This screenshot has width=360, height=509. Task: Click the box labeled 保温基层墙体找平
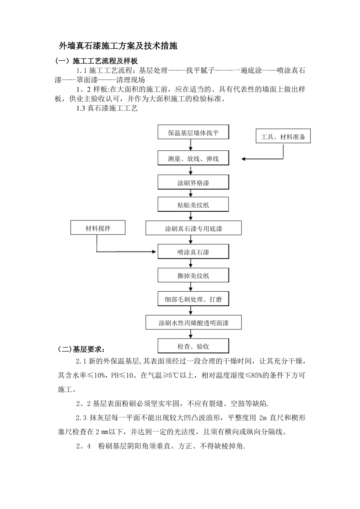[x=193, y=133]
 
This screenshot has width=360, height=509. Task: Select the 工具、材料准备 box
[x=283, y=137]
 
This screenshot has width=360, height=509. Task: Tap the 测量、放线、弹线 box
[x=193, y=159]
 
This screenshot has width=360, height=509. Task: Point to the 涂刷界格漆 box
[x=193, y=183]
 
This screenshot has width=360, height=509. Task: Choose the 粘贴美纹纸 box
[x=193, y=205]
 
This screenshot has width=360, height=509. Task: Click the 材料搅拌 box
[x=98, y=228]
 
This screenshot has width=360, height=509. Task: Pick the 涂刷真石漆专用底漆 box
[x=193, y=229]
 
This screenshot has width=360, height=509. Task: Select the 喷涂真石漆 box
[x=193, y=252]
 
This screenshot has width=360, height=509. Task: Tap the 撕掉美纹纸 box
[x=193, y=276]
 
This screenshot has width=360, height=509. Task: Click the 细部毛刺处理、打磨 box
[x=193, y=299]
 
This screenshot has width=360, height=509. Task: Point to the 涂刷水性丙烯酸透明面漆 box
[x=193, y=323]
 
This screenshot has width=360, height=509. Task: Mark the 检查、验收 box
[x=193, y=346]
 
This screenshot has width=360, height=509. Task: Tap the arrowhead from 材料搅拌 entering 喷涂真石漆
[x=155, y=251]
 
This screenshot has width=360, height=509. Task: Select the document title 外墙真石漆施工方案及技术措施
[x=118, y=46]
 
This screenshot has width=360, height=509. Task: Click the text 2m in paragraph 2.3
[x=264, y=418]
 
